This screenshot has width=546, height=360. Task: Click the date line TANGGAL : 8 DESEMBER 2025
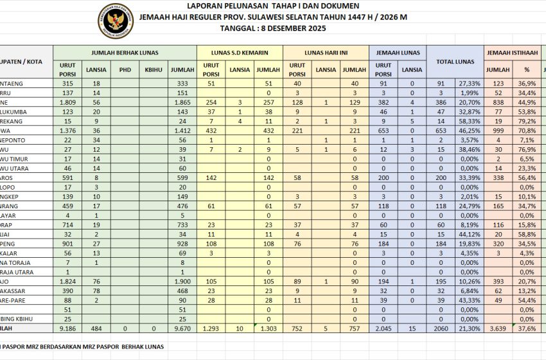click(274, 29)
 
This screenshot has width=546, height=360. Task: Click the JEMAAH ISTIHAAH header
click(511, 52)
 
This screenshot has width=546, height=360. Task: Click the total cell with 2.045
click(383, 328)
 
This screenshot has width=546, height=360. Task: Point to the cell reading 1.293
click(211, 328)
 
